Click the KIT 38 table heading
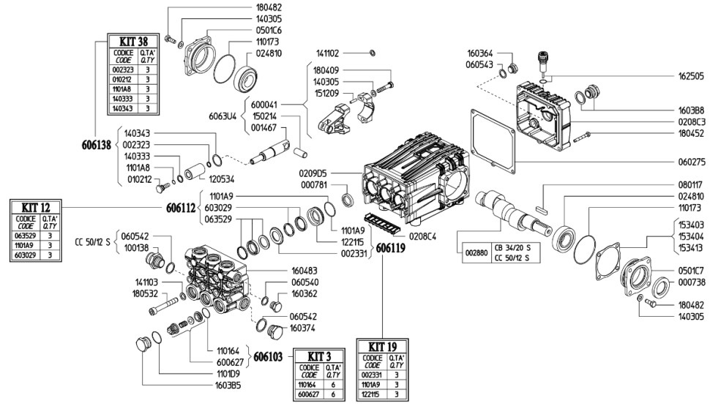tap(133, 41)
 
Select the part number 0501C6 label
tap(269, 30)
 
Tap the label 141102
tap(327, 53)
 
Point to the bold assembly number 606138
tap(97, 146)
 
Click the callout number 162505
tap(691, 76)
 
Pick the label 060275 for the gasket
tap(691, 162)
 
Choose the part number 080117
tap(691, 184)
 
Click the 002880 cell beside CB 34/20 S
tap(477, 253)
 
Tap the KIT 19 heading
tap(383, 347)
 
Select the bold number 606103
tap(268, 357)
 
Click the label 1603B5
tap(228, 386)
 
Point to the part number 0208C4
tap(422, 237)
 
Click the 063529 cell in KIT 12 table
tap(26, 236)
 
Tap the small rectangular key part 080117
tap(541, 209)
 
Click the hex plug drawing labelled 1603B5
tap(143, 345)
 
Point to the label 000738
tap(691, 282)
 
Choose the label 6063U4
tap(223, 116)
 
